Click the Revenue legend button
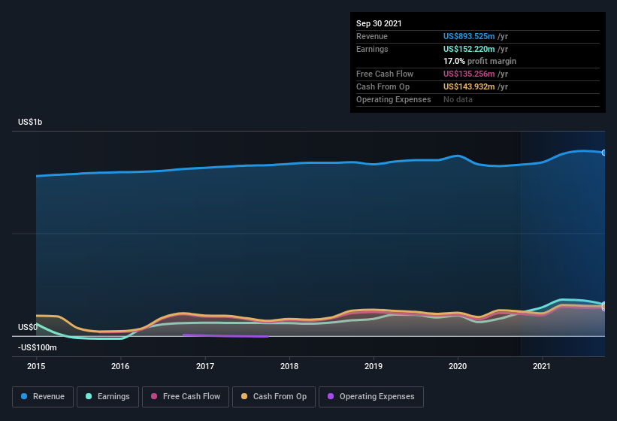43,396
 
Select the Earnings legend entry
108,396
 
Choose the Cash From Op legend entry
274,396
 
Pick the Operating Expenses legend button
371,396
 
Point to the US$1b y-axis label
30,122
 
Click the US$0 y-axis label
27,327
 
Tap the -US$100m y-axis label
38,347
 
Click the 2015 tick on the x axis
36,367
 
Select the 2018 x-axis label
289,367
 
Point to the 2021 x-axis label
542,367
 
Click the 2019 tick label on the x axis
374,367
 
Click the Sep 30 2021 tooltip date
379,23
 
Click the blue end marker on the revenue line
604,153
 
